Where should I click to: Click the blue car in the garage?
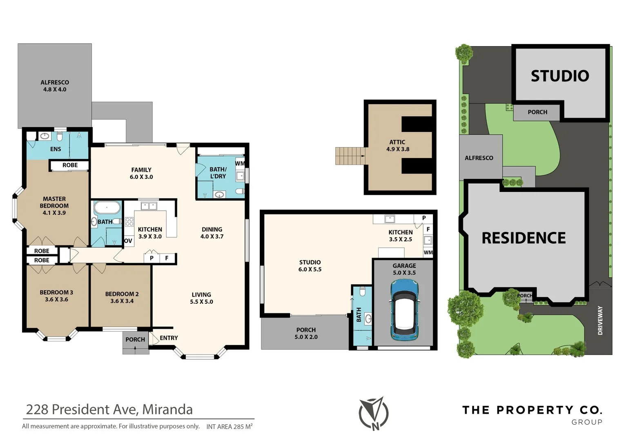[x=404, y=310]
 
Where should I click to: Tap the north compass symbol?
[x=374, y=413]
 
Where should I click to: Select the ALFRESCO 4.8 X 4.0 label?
[x=55, y=86]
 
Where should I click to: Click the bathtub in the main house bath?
[x=107, y=208]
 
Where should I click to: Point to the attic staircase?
[x=350, y=156]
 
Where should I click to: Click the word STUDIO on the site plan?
[x=560, y=76]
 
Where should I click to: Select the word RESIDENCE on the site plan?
[x=524, y=238]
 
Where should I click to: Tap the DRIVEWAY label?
[x=600, y=321]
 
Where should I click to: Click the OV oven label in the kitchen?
[x=128, y=241]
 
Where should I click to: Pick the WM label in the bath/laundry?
[x=240, y=163]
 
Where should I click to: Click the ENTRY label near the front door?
[x=169, y=338]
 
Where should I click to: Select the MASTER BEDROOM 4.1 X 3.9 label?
[x=54, y=206]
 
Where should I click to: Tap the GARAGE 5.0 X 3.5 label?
[x=404, y=269]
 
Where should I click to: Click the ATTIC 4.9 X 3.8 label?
[x=397, y=146]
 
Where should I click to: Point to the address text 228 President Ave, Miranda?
[x=109, y=410]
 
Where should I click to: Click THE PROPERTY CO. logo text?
[x=532, y=410]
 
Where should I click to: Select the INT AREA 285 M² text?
[x=229, y=427]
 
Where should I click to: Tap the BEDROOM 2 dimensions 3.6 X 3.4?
[x=122, y=301]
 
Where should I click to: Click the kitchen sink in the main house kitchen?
[x=149, y=206]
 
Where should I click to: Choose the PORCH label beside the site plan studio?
[x=537, y=112]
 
